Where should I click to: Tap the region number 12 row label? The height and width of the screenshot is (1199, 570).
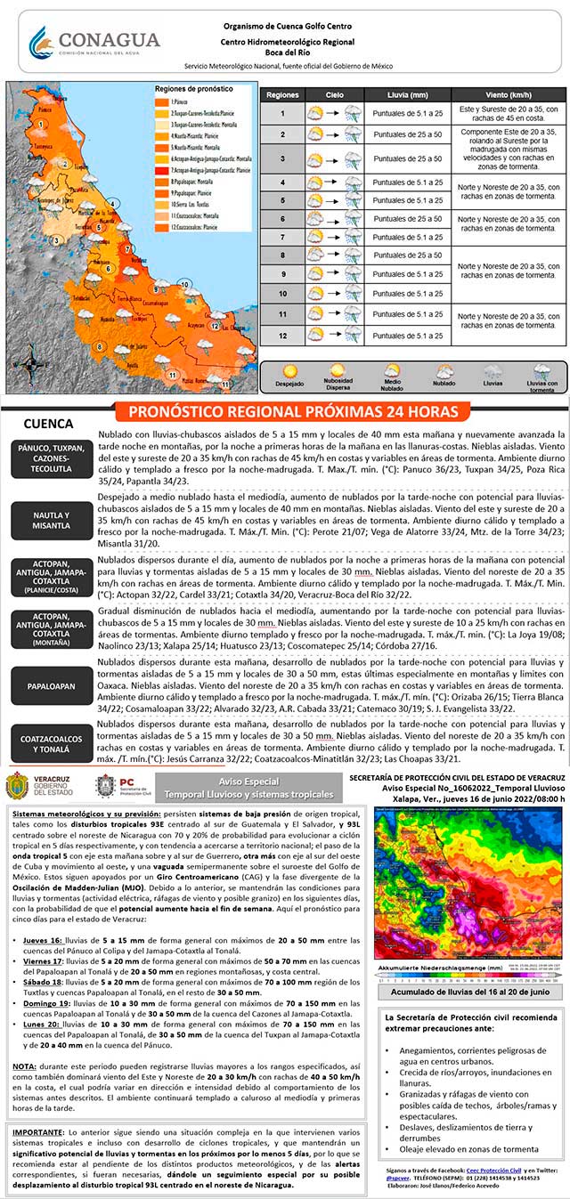(x=282, y=336)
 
